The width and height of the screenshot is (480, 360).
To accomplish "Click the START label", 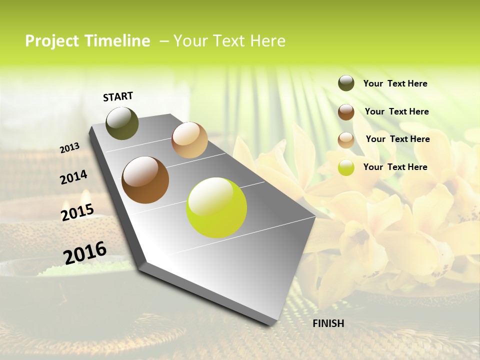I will [118, 96].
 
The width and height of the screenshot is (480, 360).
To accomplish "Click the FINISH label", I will [328, 323].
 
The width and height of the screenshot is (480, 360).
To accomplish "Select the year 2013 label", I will [69, 148].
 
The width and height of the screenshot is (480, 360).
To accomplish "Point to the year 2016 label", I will [85, 253].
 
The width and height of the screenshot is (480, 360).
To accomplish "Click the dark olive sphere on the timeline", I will [122, 123].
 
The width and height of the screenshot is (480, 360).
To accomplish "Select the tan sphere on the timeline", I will [189, 140].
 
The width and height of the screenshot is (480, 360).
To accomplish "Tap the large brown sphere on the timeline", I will [145, 180].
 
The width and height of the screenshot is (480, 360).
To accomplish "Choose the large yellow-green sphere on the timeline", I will [216, 207].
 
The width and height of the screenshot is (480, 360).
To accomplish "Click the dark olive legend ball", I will [346, 83].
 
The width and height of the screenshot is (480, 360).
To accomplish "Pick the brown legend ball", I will [346, 112].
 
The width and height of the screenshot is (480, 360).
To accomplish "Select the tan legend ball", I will [346, 140].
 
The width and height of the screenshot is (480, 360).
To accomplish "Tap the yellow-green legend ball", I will [346, 167].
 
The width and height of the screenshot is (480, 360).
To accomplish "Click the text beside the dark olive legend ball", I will [395, 84].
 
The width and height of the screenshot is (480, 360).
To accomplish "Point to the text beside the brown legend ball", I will [396, 111].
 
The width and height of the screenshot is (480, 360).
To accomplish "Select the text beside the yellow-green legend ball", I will [395, 167].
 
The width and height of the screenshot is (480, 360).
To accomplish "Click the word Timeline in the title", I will [118, 41].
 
